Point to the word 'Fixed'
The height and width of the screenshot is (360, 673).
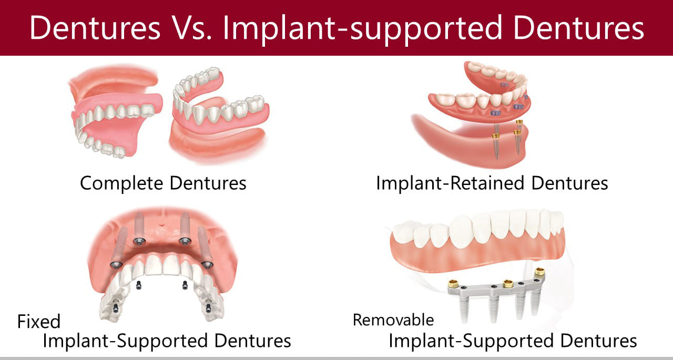tap(39, 321)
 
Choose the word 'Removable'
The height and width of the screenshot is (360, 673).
tap(393, 320)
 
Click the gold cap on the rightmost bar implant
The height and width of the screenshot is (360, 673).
tap(539, 272)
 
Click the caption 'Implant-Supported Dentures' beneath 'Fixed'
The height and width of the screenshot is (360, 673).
tap(167, 341)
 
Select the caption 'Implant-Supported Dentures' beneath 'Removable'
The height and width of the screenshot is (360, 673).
tap(513, 341)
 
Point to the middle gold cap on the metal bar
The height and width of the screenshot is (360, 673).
tap(508, 283)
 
